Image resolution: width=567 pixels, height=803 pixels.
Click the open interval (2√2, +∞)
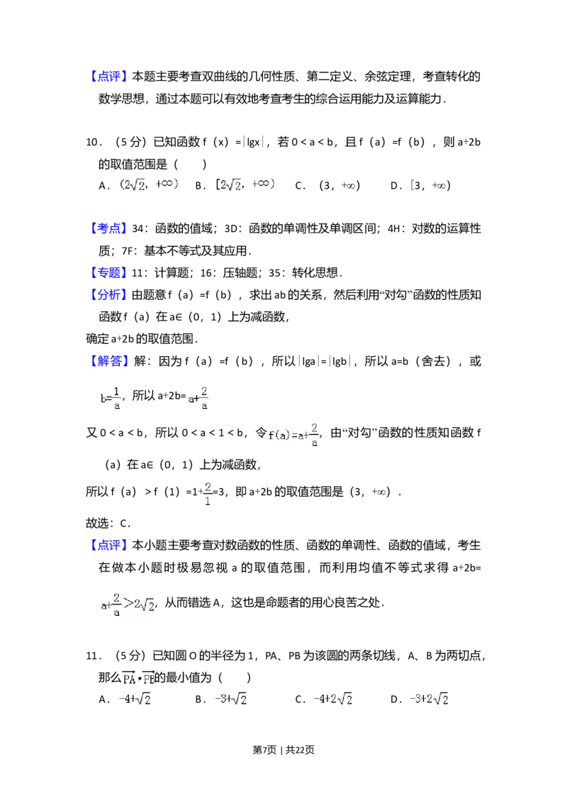pos(147,184)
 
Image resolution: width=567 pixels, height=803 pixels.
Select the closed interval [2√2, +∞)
pos(243,184)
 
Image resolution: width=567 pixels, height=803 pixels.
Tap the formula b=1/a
pos(111,398)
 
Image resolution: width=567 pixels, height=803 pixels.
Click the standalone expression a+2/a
pos(196,398)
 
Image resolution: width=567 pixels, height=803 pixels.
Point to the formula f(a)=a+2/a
pos(295,435)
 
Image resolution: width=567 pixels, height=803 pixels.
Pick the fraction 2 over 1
pos(207,494)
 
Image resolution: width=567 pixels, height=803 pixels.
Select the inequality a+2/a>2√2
pos(128,604)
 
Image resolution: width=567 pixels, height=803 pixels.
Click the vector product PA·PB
pos(138,679)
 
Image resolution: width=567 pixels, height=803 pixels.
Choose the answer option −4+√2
pos(133,699)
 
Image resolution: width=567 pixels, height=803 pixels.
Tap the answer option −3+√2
pos(230,699)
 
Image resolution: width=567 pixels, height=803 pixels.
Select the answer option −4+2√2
pos(334,699)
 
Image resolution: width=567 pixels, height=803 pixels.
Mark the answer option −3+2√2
pos(428,699)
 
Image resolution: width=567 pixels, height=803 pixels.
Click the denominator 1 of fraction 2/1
pos(207,501)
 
